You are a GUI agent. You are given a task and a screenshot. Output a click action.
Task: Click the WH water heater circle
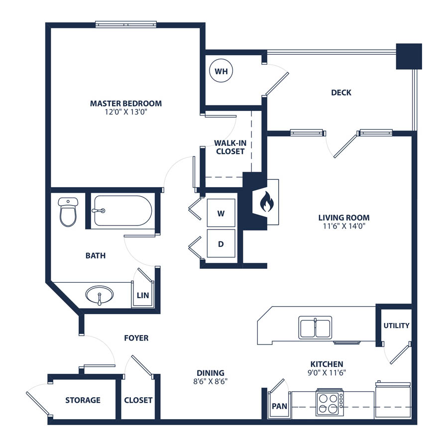point(221,71)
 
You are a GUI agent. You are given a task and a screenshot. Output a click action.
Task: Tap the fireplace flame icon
point(267,202)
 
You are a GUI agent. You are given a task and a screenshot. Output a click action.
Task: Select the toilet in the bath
point(68,212)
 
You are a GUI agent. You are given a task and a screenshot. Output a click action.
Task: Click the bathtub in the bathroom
point(123,211)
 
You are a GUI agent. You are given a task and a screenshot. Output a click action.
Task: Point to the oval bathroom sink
point(100,295)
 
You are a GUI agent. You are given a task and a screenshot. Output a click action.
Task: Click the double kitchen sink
point(315,328)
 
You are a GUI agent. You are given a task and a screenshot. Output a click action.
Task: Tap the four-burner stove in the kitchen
point(330,403)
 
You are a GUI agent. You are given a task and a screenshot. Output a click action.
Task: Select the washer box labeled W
point(221,213)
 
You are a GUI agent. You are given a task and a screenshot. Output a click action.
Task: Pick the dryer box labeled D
point(221,243)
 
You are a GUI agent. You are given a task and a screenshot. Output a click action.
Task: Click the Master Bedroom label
point(126,104)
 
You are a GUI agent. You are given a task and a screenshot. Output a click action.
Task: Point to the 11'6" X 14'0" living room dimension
point(344,226)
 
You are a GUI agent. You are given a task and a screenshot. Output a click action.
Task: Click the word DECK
point(341,93)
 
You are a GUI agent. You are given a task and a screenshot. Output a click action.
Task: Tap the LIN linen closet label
point(143,295)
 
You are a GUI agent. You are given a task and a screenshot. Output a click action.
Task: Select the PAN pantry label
point(279,406)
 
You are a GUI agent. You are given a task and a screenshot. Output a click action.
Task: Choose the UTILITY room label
point(396,326)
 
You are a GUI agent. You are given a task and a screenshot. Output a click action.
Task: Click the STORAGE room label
point(83,400)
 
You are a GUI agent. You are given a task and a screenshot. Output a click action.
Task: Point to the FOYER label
point(136,338)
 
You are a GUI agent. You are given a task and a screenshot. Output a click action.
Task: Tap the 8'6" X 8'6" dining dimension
point(211,381)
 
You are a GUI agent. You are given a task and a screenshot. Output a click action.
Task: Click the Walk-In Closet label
point(230,147)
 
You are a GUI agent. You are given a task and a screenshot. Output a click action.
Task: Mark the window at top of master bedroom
point(126,24)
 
